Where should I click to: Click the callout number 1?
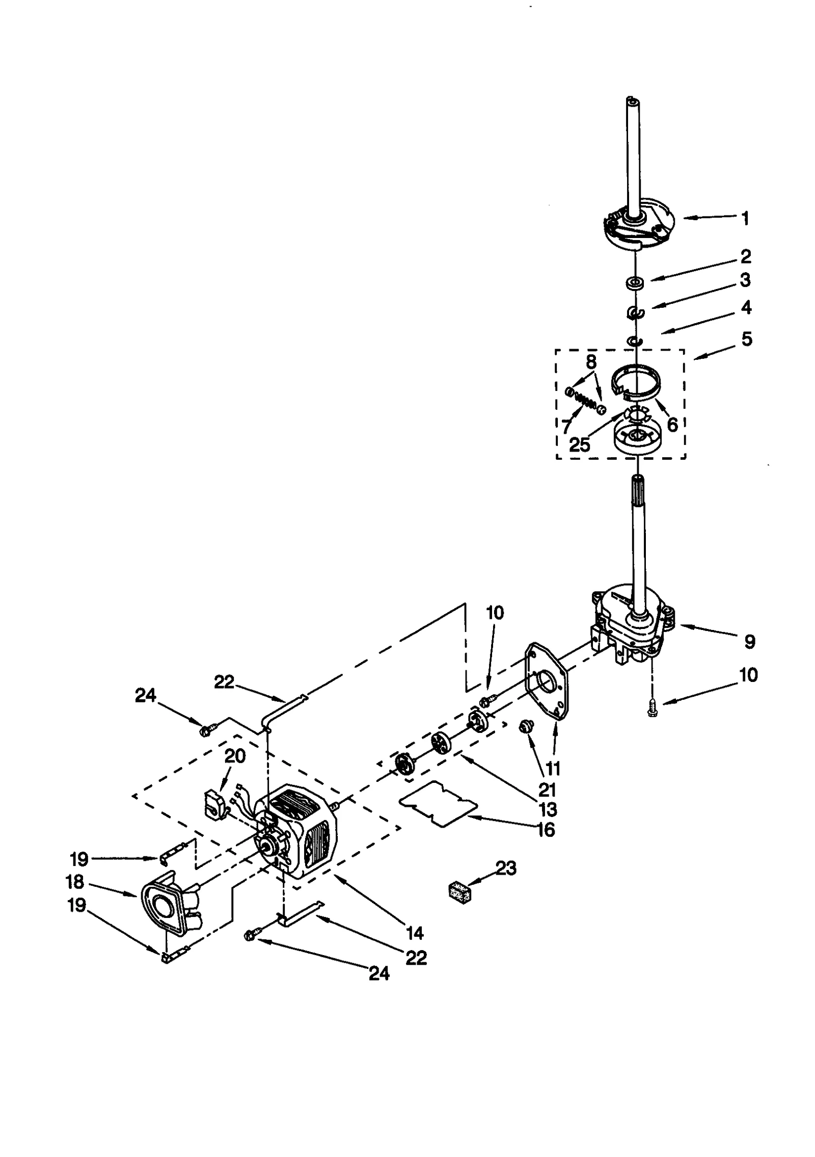point(745,219)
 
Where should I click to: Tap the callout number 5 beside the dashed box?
point(747,339)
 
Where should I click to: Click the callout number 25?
point(580,444)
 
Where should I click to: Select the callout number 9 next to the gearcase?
point(749,642)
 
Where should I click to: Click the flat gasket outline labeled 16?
point(438,804)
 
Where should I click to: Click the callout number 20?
point(235,756)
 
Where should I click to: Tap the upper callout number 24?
point(145,696)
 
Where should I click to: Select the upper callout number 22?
point(224,681)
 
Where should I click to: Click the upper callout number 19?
point(79,859)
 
